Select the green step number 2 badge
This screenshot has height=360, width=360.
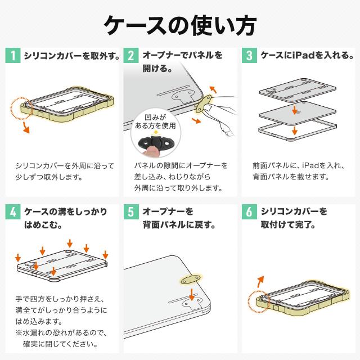[130, 56]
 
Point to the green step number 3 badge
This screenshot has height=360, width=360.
[249, 56]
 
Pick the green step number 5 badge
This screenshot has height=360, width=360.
[130, 212]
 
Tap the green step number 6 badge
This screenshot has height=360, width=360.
[249, 212]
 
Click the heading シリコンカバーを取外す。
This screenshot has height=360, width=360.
[71, 56]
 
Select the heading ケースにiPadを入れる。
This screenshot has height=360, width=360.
[307, 56]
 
